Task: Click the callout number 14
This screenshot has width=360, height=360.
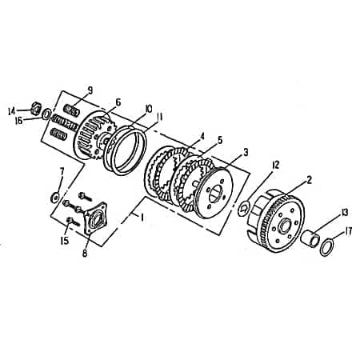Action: pyautogui.click(x=11, y=110)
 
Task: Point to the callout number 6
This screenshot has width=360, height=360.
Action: pyautogui.click(x=118, y=102)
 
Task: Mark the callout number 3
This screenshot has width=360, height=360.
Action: pyautogui.click(x=246, y=151)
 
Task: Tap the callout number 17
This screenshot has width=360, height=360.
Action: pyautogui.click(x=349, y=233)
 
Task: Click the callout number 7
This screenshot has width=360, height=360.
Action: pyautogui.click(x=62, y=170)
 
